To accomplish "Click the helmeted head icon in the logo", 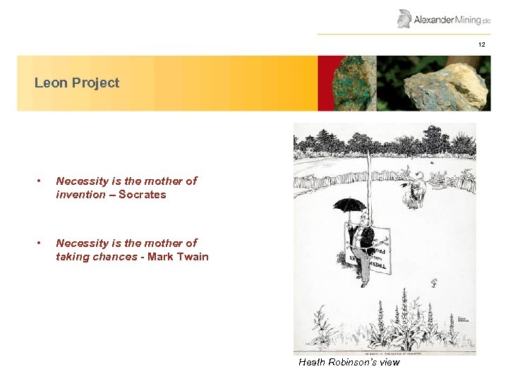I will (404, 18).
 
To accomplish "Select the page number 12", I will (481, 44).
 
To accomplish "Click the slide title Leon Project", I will (77, 83).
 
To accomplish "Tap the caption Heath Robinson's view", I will (349, 362).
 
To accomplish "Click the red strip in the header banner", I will (322, 83).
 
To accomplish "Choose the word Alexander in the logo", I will (433, 19).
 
